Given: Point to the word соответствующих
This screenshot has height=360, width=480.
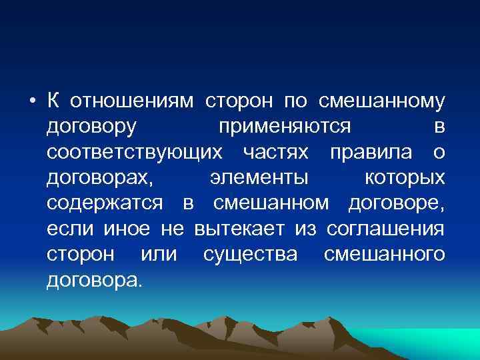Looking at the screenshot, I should click(135, 152).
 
